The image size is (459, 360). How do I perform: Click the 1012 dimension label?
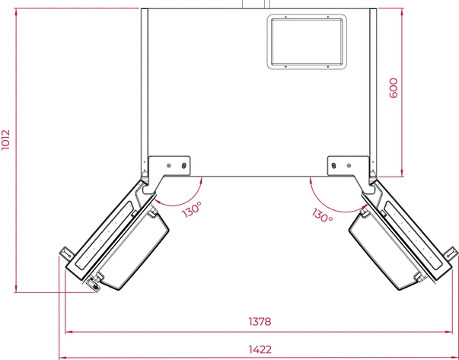click(5, 140)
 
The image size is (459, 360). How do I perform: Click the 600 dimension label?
click(394, 88)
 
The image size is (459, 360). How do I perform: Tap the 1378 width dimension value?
click(260, 322)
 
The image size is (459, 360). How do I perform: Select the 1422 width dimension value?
click(260, 349)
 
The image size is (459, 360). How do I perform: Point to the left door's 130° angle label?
click(192, 209)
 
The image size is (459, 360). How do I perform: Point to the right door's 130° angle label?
click(322, 215)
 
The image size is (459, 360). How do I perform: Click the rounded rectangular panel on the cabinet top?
click(307, 42)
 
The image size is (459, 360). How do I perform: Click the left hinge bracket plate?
click(169, 166)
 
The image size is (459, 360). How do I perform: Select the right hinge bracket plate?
click(349, 166)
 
